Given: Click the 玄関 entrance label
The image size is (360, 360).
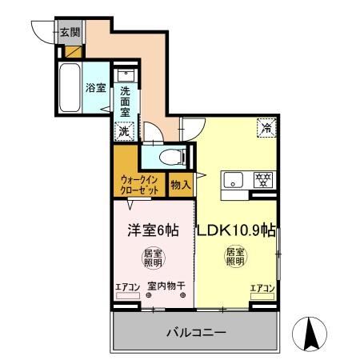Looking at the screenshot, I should pos(70,33).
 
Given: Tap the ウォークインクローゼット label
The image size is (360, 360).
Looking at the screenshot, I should pos(139,184).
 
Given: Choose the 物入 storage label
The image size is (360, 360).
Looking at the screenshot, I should pos(181,185).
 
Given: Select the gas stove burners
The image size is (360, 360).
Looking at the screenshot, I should pos(262,180).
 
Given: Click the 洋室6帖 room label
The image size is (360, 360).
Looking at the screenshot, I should pos(154,230).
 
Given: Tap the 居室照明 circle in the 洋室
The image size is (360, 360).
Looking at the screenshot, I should pos(152,258).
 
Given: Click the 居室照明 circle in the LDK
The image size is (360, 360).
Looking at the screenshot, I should pos(234,258).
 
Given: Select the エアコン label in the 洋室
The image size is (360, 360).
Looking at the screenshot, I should pos(127,287).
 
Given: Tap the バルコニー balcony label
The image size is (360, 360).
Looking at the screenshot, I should pos(195,331).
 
